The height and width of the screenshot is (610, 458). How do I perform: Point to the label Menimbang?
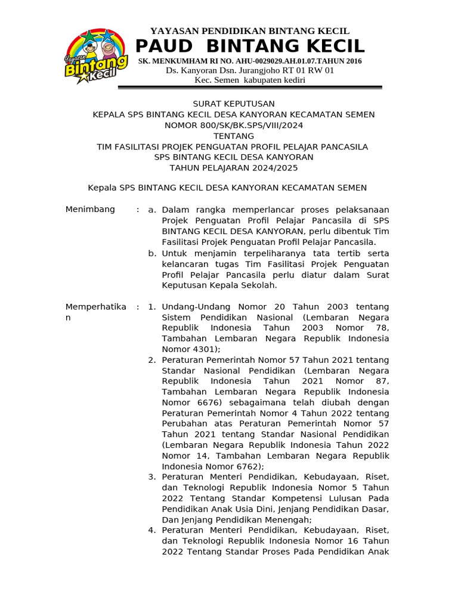(90, 210)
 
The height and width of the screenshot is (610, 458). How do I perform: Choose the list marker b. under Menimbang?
(152, 253)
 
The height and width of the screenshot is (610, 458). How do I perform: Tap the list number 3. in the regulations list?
(151, 477)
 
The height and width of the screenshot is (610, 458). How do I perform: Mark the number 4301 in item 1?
(200, 349)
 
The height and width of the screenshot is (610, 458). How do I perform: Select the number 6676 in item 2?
(193, 402)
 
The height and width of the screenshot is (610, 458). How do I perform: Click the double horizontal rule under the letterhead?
(250, 88)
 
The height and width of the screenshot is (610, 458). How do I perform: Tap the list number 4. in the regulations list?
(151, 530)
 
